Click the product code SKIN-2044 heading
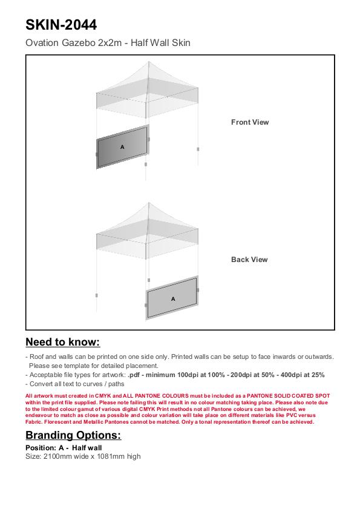point(61,25)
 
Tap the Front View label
point(250,122)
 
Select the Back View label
point(249,260)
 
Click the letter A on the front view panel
point(122,147)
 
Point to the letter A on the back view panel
point(173,298)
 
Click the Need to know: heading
point(63,342)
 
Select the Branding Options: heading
point(73,435)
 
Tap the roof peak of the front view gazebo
point(149,62)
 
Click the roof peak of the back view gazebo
point(149,203)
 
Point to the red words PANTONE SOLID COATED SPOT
point(288,396)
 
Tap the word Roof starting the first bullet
point(36,356)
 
